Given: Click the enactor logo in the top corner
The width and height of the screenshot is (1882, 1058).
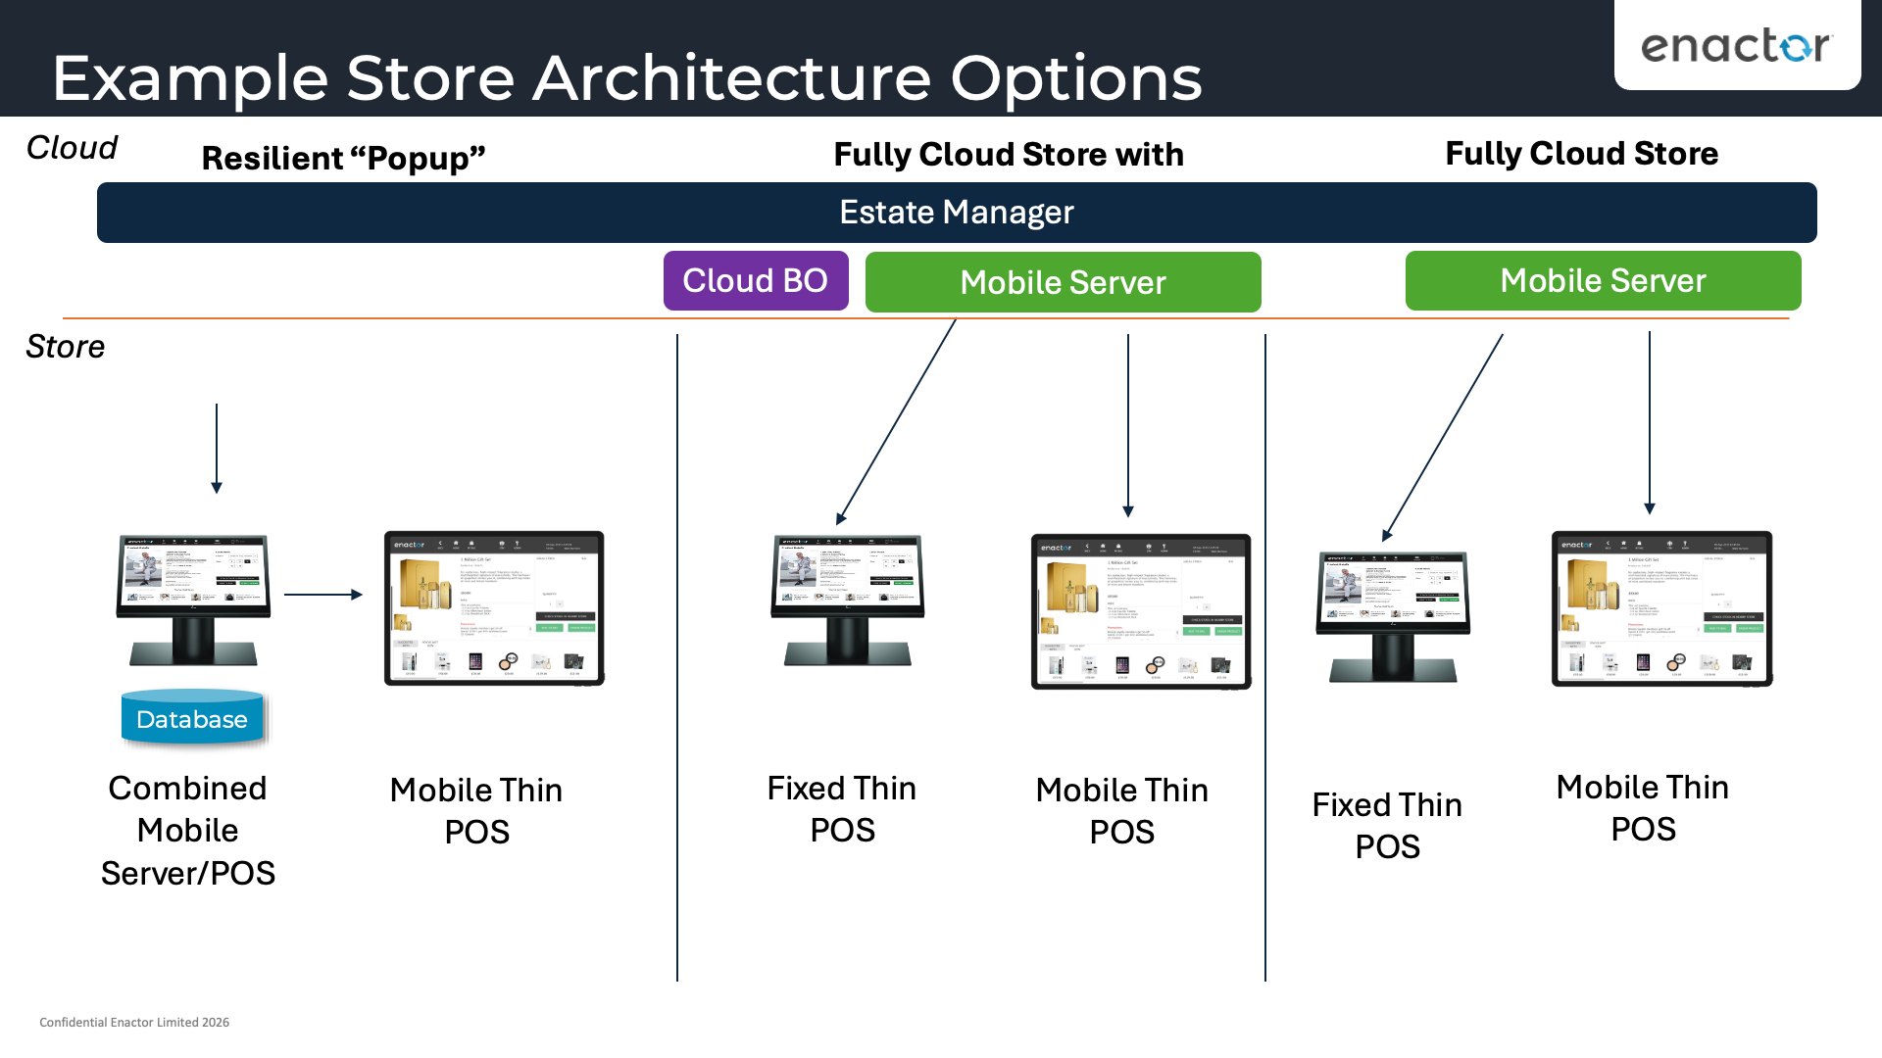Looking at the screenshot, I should (1736, 46).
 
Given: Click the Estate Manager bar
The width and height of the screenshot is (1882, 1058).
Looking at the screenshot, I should (956, 213).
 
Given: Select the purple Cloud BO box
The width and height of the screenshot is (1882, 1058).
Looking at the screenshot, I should (755, 281).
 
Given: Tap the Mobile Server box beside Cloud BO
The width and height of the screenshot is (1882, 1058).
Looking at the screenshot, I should (1063, 283).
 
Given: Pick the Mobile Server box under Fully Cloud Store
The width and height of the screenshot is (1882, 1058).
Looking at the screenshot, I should (1603, 281).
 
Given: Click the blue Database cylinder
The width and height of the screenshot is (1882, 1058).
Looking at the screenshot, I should (192, 719).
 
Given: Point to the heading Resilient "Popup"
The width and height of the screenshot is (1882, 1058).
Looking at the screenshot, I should (343, 158).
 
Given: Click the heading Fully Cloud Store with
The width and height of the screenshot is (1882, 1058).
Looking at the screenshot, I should (1008, 155).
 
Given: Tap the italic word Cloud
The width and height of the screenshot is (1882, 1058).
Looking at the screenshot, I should (72, 148).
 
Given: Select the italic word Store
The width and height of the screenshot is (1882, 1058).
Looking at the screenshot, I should (65, 347).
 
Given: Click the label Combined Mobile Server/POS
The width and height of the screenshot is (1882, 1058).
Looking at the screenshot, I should (187, 830).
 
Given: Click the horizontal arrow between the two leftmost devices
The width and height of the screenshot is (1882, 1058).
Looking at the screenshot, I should (322, 594).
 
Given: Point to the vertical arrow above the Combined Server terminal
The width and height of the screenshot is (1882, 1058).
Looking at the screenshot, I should (217, 446).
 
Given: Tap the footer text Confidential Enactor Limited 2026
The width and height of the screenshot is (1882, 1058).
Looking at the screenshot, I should (134, 1022).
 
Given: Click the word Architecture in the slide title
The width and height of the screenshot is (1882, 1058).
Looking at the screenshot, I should (731, 78).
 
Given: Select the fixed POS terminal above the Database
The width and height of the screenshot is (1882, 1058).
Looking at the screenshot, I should (193, 599).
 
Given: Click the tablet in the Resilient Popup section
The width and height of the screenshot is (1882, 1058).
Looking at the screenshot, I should (494, 608).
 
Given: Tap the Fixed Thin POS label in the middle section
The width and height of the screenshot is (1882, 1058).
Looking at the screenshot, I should (842, 809).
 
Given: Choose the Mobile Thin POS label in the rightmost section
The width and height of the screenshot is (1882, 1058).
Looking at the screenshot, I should (1643, 808).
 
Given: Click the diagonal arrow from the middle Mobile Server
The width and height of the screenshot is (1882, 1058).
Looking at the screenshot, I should (896, 422).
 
